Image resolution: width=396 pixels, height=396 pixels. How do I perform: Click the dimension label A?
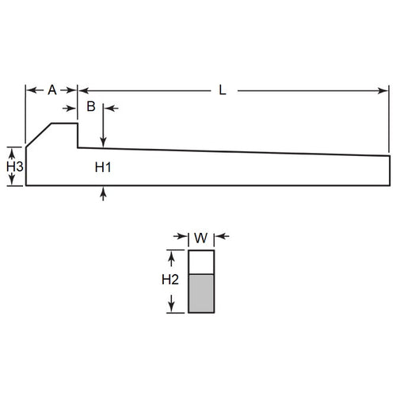[x=51, y=90]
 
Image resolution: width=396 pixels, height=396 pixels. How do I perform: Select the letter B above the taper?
[x=91, y=106]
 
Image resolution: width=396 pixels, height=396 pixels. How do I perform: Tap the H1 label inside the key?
[x=103, y=167]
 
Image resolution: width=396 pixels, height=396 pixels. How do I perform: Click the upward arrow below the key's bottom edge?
[x=103, y=192]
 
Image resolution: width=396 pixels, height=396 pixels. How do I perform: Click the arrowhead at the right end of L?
[x=386, y=90]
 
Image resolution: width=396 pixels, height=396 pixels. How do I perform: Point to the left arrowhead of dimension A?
[x=29, y=90]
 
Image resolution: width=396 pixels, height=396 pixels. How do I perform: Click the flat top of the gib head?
[x=65, y=124]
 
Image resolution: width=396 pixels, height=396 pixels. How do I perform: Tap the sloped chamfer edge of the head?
[x=39, y=135]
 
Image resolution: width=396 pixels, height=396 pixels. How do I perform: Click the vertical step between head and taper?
[x=78, y=135]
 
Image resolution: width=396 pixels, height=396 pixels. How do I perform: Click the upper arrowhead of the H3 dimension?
[x=10, y=150]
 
